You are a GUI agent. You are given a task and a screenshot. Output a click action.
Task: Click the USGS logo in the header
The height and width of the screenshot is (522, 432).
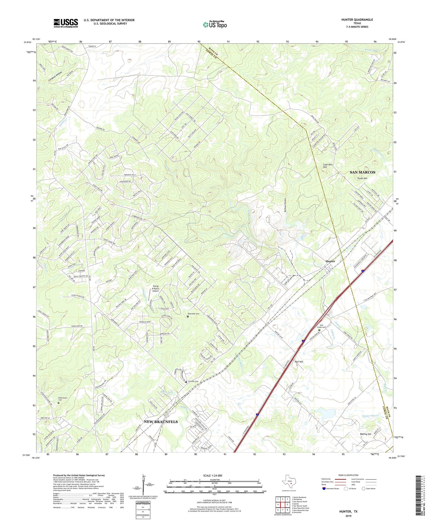66,23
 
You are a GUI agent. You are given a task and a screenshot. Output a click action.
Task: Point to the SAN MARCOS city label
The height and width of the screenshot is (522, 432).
362,172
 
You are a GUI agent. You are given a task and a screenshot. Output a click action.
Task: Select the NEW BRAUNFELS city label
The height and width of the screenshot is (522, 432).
161,422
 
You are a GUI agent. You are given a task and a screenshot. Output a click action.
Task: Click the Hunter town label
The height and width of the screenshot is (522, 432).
330,261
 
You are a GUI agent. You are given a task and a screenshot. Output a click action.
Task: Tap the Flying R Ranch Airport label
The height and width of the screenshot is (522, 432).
156,288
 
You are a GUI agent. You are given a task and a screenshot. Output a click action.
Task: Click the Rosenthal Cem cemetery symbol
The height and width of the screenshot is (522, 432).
188,316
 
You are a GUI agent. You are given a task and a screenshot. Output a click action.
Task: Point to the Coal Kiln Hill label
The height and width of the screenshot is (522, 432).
328,166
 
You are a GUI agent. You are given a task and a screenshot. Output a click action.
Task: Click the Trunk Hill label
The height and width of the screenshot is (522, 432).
362,179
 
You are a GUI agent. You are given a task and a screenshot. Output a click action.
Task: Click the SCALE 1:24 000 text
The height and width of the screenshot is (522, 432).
213,475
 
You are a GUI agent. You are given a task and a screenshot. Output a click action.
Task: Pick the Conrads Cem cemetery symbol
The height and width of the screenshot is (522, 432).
186,382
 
